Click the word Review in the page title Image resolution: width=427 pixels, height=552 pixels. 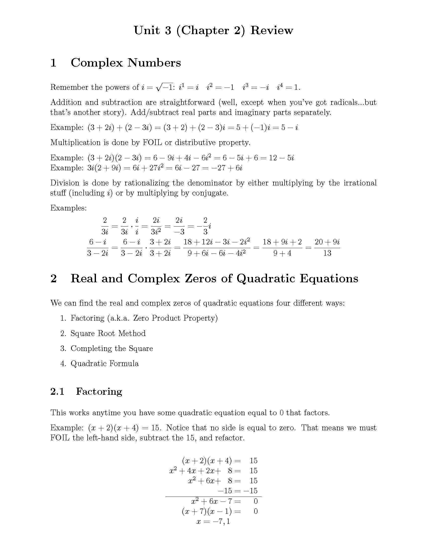(x=272, y=31)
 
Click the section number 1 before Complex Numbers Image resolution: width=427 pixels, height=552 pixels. (x=53, y=63)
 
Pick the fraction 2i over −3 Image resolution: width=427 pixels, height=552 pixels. (x=179, y=226)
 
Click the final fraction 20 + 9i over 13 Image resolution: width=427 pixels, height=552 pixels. (x=327, y=247)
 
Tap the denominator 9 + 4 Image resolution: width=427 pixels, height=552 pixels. (x=282, y=253)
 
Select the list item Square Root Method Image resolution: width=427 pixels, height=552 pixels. (x=108, y=333)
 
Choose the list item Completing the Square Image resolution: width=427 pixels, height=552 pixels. (x=112, y=349)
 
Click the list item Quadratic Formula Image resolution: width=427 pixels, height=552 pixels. (x=104, y=364)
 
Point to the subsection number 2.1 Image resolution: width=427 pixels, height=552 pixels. (x=58, y=391)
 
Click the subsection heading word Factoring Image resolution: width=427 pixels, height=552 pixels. (x=99, y=391)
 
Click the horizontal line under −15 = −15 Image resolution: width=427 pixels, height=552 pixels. (x=213, y=497)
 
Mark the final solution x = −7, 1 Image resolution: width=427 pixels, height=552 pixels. (x=213, y=521)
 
